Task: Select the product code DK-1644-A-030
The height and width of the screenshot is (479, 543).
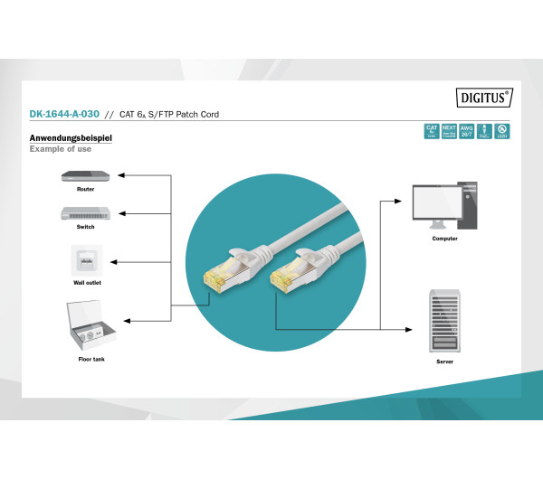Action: [x=63, y=115]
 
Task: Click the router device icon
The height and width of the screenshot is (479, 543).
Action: [x=85, y=175]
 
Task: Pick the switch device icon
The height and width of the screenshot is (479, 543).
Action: [x=85, y=213]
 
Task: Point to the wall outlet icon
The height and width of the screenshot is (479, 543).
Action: [x=85, y=261]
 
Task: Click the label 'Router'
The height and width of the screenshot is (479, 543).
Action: [x=85, y=190]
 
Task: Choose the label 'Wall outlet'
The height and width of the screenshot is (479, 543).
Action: [x=85, y=283]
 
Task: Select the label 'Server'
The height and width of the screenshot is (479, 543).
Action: [x=444, y=361]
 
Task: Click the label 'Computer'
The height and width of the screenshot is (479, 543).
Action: [x=444, y=239]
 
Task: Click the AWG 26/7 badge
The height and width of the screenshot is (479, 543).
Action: [x=467, y=131]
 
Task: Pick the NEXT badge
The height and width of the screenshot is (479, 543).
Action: [x=449, y=131]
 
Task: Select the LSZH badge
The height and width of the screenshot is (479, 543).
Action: [x=501, y=131]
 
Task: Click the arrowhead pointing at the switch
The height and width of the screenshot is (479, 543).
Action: [x=122, y=213]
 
